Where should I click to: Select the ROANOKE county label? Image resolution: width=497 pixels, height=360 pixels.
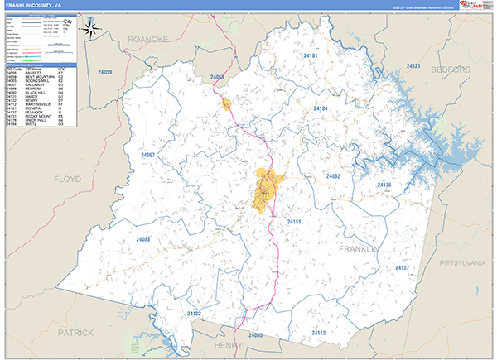tap(147, 38)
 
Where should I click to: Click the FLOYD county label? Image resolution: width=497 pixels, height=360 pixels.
tap(68, 179)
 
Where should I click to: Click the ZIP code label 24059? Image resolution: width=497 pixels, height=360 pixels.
tap(104, 73)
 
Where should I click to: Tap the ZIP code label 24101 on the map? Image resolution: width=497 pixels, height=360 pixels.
tap(311, 55)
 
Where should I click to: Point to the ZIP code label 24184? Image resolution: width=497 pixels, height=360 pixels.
tap(321, 108)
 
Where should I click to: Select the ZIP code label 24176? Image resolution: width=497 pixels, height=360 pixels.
tap(384, 185)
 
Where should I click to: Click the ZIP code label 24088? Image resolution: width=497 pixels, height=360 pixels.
tap(144, 239)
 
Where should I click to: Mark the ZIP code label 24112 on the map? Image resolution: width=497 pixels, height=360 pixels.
tap(319, 333)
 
